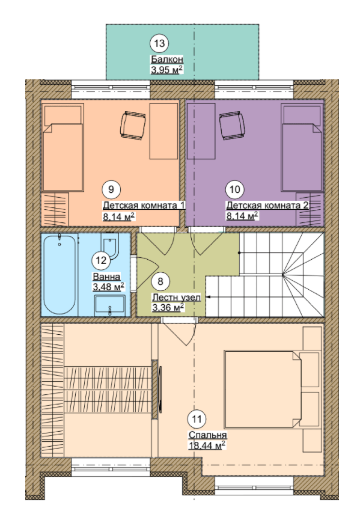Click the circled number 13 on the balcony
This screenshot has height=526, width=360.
(159, 43)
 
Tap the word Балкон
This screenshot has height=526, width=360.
(167, 59)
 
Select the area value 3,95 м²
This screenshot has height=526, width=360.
(167, 70)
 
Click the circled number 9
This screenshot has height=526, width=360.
(111, 189)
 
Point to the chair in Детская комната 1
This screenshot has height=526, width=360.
(133, 126)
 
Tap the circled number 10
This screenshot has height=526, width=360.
(235, 189)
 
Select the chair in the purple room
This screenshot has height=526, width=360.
(232, 126)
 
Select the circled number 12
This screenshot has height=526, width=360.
(101, 260)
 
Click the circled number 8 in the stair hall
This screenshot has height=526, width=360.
(160, 281)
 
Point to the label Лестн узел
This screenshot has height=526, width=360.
(176, 297)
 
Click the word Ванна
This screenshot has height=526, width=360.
(107, 277)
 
